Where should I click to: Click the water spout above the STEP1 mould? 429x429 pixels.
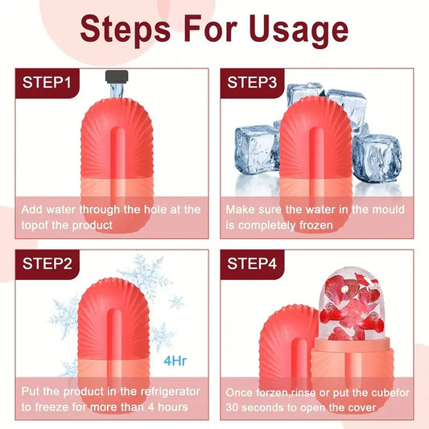[117, 78]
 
